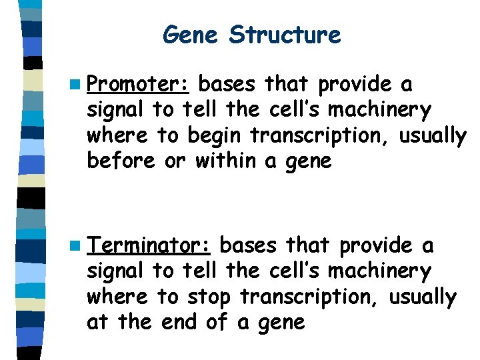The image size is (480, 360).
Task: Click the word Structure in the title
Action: tap(285, 34)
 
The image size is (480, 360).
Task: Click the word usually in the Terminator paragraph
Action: tap(423, 297)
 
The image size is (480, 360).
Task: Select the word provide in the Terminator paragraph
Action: tap(375, 246)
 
